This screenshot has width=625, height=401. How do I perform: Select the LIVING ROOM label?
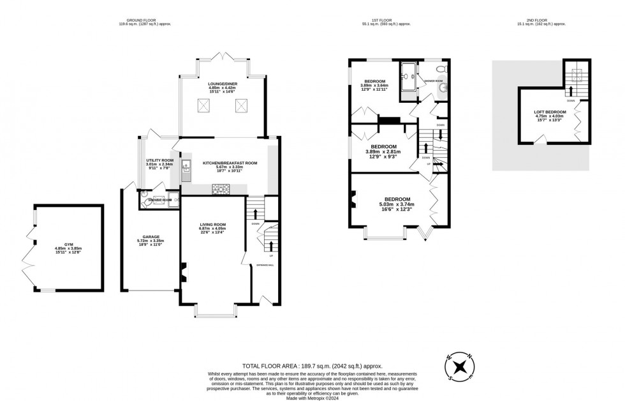(x=213, y=224)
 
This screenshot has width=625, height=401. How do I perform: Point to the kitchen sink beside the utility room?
(x=187, y=169)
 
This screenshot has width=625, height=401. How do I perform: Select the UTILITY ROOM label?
(x=159, y=160)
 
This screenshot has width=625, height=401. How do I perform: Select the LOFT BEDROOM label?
(x=550, y=112)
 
